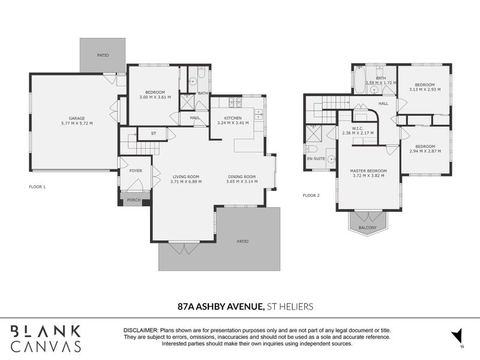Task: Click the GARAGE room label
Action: point(75,119)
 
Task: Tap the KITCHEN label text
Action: point(233,118)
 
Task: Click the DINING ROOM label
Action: point(242,176)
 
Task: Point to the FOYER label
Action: point(136,170)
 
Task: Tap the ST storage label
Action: point(154,133)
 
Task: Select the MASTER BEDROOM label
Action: point(368,171)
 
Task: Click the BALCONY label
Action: point(368,227)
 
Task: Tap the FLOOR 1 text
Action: point(37,187)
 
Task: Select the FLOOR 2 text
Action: point(311,196)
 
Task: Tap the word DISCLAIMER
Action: point(140,331)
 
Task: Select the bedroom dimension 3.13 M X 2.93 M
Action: point(424,89)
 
